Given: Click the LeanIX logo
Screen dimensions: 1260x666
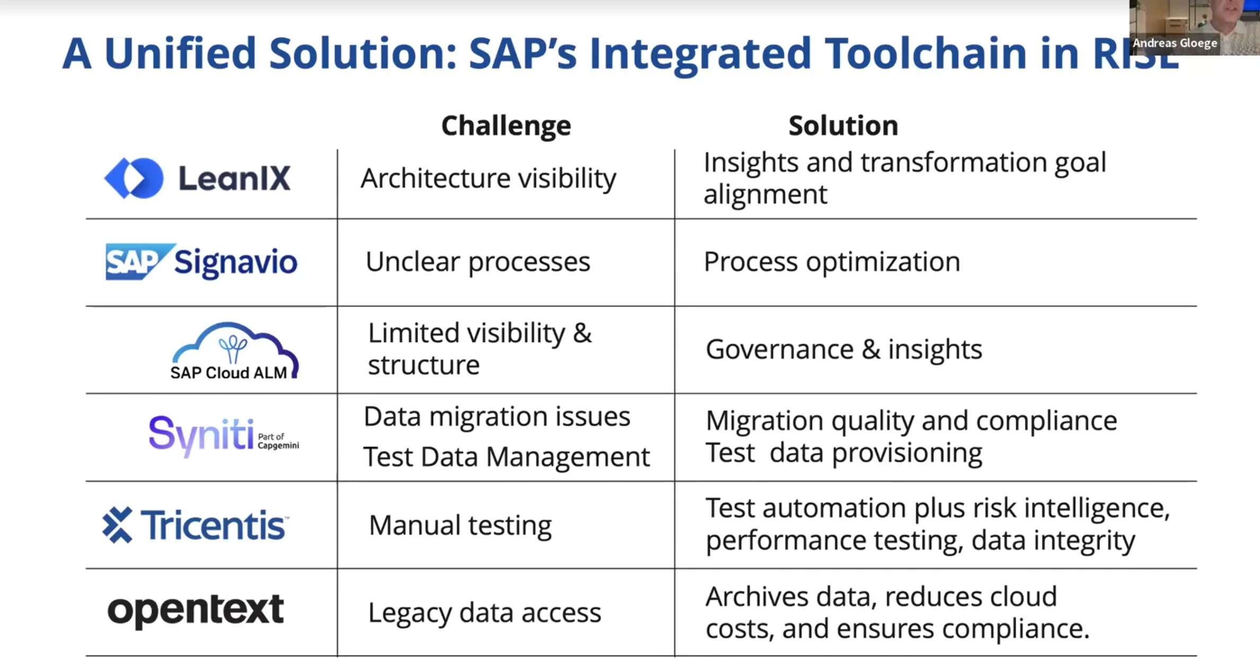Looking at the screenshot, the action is point(197,178).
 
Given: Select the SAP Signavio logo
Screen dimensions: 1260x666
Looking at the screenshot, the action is point(202,262).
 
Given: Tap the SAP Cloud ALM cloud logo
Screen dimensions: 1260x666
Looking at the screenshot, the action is point(234,351).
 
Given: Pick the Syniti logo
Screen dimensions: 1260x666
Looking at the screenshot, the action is point(224,436).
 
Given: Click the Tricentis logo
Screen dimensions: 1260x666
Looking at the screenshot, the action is point(196,525).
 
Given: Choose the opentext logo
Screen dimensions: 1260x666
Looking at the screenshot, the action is point(196,611).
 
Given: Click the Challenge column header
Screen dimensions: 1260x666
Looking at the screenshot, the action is point(506,126).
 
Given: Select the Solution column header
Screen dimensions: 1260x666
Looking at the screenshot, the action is point(843,126).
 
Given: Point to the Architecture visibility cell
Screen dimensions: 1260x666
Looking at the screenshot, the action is point(488,179).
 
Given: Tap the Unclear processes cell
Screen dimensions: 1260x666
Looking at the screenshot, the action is point(478,262).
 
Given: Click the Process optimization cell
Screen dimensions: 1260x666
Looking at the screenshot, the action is point(832,262).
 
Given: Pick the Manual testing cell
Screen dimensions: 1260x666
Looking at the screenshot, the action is point(460,526).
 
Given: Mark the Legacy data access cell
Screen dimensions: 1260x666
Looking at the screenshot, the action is point(485,613).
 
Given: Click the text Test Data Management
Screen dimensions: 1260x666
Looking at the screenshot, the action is point(506,457).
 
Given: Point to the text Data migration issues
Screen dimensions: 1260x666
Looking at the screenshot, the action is point(497,417).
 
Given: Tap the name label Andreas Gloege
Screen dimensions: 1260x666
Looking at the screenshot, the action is point(1175,43).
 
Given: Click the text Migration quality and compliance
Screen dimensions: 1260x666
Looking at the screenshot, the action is point(911,422).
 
